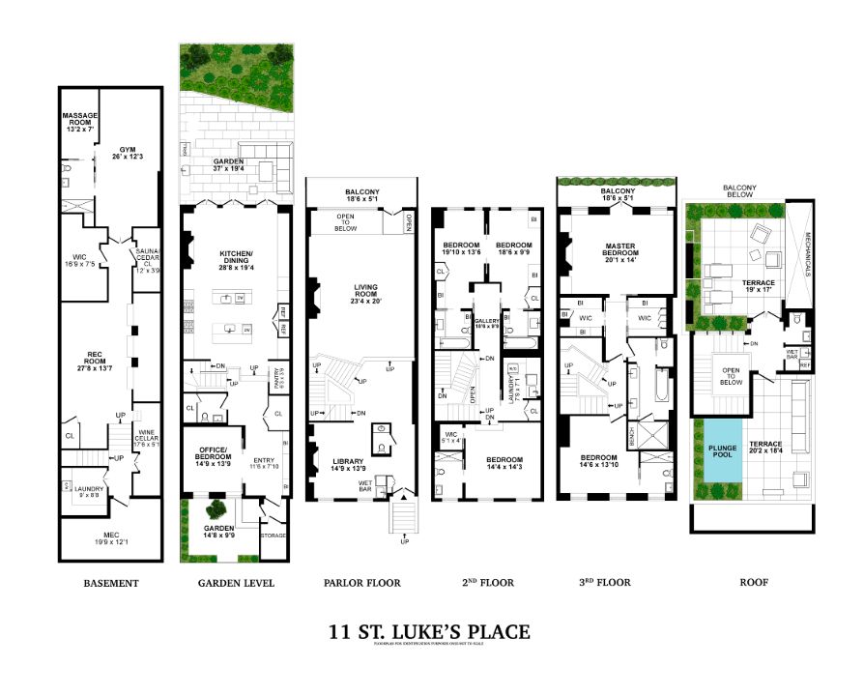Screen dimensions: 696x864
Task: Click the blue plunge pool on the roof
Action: (x=722, y=451)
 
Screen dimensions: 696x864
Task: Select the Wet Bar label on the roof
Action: (x=792, y=353)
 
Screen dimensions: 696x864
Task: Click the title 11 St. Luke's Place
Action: (x=430, y=632)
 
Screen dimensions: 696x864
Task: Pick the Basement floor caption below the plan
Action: (x=111, y=583)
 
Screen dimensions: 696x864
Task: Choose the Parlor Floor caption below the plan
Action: (x=361, y=583)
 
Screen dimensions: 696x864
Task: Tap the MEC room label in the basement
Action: (x=110, y=537)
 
